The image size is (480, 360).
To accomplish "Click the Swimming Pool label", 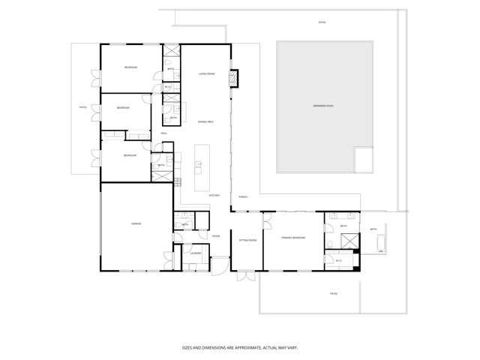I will point(323,106).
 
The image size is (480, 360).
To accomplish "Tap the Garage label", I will point(136,223).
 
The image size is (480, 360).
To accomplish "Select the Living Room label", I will point(206,73).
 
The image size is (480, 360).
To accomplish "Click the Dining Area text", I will point(206,121).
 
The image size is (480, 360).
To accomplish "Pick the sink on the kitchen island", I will point(199,163).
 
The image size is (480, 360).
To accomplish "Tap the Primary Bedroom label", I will point(292,238).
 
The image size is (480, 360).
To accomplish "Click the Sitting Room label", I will point(247,239).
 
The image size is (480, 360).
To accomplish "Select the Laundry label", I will point(195,253).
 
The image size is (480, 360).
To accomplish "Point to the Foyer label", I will point(215,235).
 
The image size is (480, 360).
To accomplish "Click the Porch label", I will point(243,196).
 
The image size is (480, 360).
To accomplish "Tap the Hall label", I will point(164,133).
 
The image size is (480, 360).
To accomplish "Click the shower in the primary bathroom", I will point(349,240).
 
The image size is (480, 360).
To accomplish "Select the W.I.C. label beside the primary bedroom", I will point(339,260).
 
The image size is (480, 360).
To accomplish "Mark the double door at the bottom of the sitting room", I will point(247,276).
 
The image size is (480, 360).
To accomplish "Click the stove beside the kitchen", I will point(178,181).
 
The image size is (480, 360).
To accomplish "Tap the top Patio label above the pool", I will point(322,22).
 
